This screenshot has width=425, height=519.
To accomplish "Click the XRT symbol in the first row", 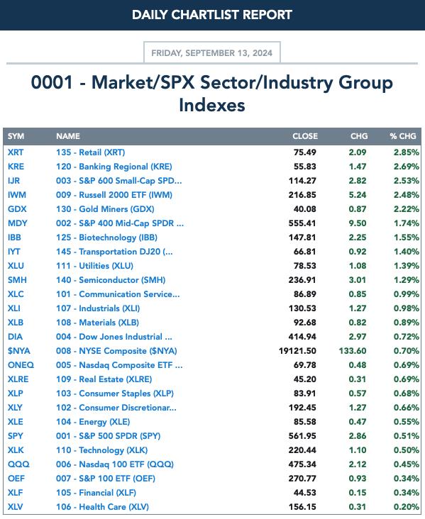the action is pos(16,152).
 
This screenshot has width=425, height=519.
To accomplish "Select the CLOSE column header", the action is pos(305,136).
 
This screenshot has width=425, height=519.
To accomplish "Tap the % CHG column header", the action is pos(403,136).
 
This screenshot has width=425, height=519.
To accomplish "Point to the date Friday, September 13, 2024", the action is pos(212,53).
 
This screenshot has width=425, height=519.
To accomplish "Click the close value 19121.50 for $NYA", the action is pos(297,351).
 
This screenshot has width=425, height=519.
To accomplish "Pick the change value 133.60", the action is pos(353,351).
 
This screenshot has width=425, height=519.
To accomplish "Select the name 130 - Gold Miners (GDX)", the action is pos(105,209).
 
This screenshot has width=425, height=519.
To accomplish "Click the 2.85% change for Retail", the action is pos(406,152).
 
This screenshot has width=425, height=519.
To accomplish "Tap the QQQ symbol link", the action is pos(18,464).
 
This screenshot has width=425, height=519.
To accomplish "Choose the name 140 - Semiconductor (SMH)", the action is pos(111,280).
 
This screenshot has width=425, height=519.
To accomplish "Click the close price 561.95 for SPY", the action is pos(302,436).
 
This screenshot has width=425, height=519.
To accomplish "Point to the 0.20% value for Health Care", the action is pos(406,507).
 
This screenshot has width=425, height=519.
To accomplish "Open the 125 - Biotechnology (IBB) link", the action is pos(106,238).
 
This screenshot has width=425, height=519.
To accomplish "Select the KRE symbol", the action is pos(16,167).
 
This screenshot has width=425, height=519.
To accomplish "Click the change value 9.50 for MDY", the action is pos(358,223).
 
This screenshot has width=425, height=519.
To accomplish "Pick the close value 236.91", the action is pos(302,280).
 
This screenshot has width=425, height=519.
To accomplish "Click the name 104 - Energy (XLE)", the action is pos(93,422).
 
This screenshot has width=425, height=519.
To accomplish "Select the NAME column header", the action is pos(68,136).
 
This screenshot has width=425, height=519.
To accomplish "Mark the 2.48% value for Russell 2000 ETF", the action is pos(406,195).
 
